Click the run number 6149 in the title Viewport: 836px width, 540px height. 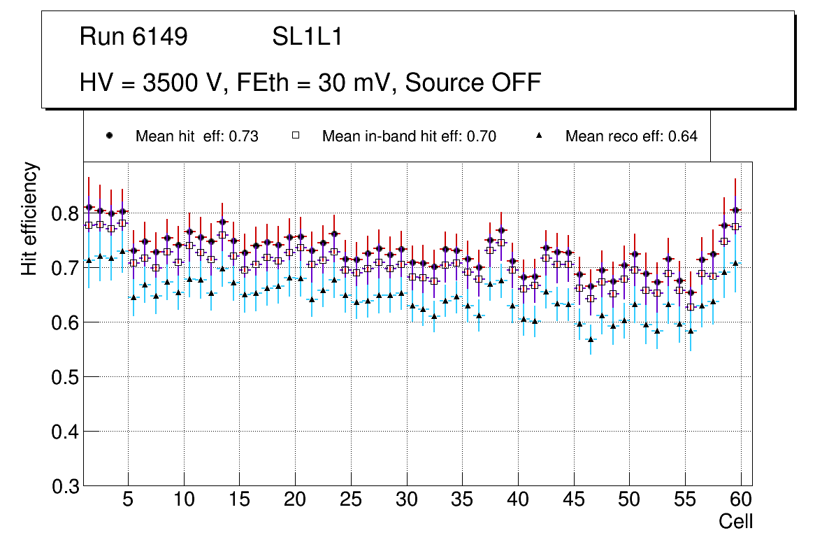tap(159, 37)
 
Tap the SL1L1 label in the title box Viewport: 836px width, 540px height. tap(307, 37)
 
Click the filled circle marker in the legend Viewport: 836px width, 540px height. tap(109, 136)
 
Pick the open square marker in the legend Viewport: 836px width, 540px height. tap(296, 136)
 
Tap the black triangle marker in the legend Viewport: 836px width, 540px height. tap(539, 136)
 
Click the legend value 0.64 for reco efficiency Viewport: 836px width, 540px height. tap(682, 136)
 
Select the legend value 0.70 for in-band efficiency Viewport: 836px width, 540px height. tap(481, 136)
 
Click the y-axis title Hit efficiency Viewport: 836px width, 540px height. tap(30, 218)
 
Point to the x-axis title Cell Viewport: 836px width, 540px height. tap(736, 521)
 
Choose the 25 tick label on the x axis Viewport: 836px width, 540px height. tap(351, 500)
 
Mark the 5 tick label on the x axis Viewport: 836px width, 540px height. tap(128, 500)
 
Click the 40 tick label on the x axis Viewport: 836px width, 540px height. tap(518, 500)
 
